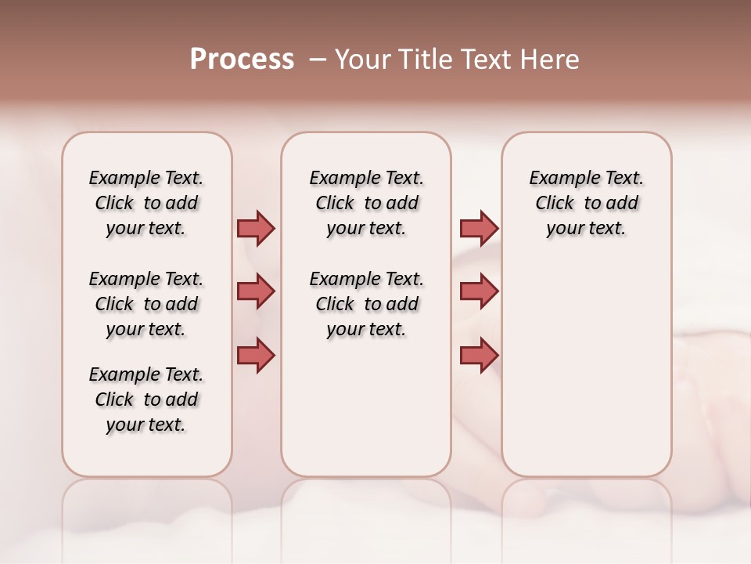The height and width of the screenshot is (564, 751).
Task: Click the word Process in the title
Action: pyautogui.click(x=242, y=60)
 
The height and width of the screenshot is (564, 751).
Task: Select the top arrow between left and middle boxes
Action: pyautogui.click(x=256, y=229)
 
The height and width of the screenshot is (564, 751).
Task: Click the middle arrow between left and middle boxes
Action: pyautogui.click(x=256, y=291)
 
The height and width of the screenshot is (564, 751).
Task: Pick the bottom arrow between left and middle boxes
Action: pyautogui.click(x=256, y=355)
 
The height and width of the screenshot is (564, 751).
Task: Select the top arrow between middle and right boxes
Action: pyautogui.click(x=479, y=229)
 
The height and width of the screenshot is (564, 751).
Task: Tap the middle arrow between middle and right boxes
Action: pyautogui.click(x=479, y=291)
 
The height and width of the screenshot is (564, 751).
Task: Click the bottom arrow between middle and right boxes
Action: pyautogui.click(x=479, y=355)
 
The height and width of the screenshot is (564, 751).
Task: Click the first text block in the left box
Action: pyautogui.click(x=146, y=203)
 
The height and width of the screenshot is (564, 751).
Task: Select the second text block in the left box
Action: pyautogui.click(x=146, y=304)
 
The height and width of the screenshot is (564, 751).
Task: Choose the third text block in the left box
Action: pyautogui.click(x=146, y=399)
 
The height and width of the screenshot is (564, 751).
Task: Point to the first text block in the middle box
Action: pyautogui.click(x=366, y=203)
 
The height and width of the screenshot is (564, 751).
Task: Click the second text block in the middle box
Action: pyautogui.click(x=366, y=304)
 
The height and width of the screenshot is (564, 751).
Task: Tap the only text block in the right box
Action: pyautogui.click(x=587, y=203)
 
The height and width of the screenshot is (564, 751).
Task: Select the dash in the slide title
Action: pyautogui.click(x=318, y=60)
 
